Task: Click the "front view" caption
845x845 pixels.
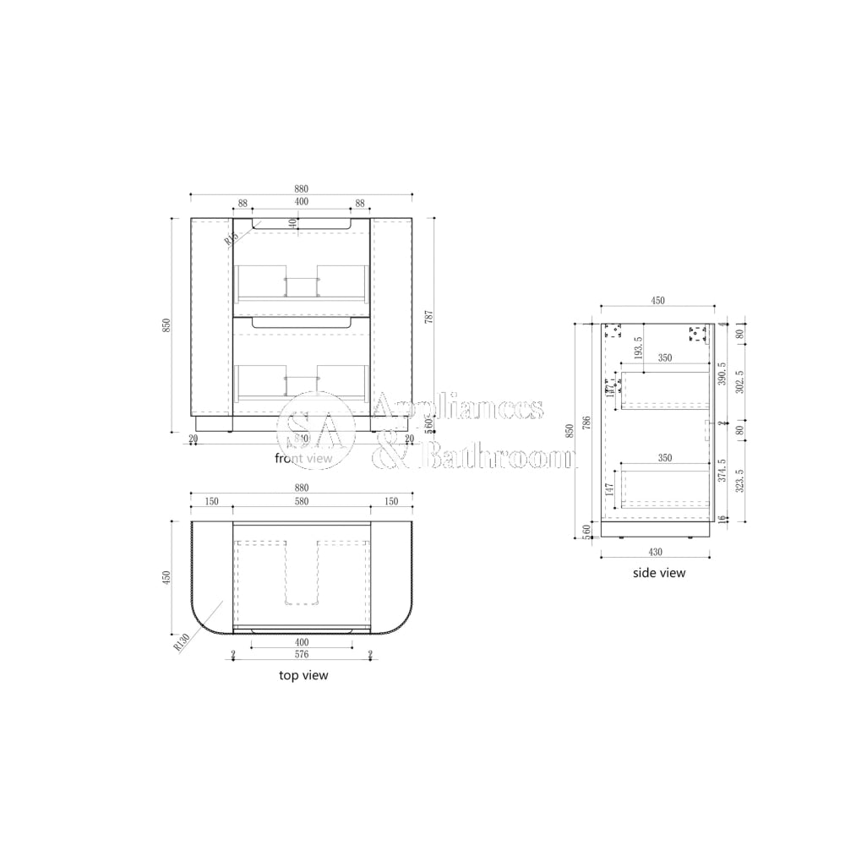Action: point(304,458)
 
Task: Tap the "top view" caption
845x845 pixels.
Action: point(303,675)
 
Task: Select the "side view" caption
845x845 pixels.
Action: point(659,573)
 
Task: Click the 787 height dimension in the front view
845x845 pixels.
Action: point(429,318)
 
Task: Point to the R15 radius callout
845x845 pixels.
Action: point(229,239)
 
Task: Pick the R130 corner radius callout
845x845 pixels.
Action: point(179,642)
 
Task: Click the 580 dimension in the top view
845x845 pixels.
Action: point(302,501)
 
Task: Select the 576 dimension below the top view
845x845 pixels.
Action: point(302,654)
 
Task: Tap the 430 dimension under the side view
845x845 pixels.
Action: point(655,552)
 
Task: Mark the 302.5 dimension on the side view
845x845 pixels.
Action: point(740,380)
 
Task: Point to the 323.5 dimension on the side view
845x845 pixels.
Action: point(740,481)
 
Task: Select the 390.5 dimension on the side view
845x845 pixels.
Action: point(721,373)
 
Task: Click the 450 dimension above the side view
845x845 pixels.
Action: point(657,301)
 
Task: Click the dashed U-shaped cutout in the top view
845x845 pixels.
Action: point(302,573)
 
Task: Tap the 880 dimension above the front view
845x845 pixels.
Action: point(302,188)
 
